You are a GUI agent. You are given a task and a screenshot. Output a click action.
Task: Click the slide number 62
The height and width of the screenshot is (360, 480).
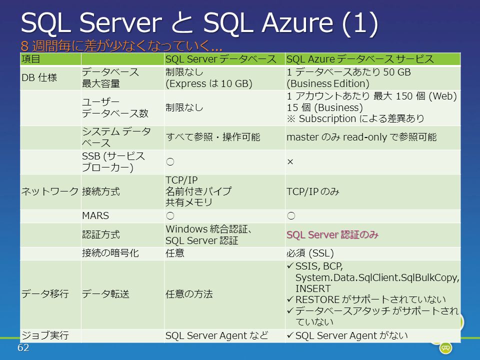23,347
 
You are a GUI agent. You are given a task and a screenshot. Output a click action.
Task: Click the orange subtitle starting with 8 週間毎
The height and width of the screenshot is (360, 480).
121,46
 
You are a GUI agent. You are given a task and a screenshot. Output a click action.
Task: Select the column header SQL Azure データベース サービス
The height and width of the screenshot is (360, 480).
360,59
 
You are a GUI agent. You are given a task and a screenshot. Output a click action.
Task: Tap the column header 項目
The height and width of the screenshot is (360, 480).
30,59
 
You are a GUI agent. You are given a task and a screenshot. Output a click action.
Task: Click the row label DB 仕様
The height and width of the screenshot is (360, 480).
39,78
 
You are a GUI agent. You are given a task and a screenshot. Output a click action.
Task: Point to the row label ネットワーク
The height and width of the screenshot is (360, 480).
50,191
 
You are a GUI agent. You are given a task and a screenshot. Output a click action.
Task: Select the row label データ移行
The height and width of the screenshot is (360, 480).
45,294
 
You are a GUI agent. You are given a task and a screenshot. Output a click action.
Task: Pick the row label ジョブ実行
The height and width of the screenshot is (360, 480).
45,335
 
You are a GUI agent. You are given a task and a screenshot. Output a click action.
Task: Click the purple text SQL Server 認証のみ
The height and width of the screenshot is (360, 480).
332,235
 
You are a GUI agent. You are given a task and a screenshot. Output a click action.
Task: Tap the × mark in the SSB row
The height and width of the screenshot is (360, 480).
290,161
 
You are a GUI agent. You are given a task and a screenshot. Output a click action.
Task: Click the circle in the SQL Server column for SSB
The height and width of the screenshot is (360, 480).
170,161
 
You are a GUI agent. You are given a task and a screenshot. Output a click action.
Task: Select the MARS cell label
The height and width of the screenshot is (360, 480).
95,216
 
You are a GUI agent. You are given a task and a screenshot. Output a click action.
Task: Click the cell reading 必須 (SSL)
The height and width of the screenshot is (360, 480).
310,253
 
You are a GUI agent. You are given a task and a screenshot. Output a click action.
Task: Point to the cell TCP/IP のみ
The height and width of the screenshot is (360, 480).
313,191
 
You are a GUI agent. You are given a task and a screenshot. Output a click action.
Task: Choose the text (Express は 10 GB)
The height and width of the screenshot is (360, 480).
209,83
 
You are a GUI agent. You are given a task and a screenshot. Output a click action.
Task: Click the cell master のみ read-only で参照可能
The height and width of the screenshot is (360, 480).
361,137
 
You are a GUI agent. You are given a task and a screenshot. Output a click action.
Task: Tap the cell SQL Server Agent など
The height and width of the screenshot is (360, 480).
216,336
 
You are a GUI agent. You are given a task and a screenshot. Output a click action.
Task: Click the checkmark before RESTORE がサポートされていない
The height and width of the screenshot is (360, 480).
290,299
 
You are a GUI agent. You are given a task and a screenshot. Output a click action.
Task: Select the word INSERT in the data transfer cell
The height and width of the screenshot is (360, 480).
313,288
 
